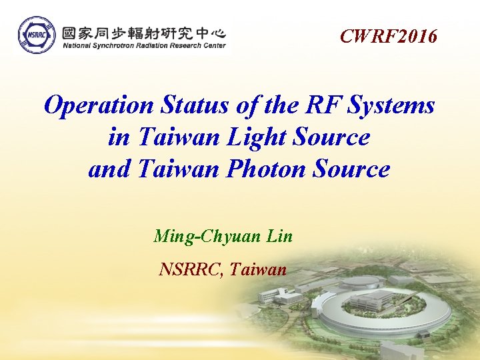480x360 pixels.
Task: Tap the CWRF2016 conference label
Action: pos(389,36)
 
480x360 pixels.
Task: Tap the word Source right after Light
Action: pos(331,137)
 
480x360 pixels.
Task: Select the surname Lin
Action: pos(279,236)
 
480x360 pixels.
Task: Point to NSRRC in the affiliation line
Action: pos(191,269)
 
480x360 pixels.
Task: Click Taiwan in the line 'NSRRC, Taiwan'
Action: pos(259,269)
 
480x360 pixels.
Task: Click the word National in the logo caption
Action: pos(78,46)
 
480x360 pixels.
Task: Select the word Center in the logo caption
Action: pos(213,46)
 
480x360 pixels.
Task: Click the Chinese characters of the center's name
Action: pos(144,33)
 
